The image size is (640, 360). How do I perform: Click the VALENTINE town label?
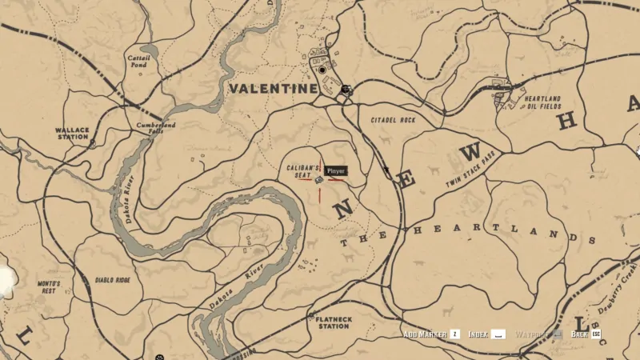coord(273,89)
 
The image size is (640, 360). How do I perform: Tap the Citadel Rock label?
coord(393,120)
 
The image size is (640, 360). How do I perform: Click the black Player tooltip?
coord(336,170)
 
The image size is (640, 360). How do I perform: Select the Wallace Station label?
coord(71,132)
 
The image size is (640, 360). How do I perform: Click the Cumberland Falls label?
coord(155,129)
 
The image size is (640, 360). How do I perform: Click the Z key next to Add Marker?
coord(454,334)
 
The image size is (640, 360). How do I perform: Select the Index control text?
coord(478,334)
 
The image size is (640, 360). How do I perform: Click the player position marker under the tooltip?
coord(318,181)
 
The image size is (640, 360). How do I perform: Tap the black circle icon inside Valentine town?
coord(322,70)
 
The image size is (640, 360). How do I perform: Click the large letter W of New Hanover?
coord(471,152)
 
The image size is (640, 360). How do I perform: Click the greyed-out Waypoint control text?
coord(530,334)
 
